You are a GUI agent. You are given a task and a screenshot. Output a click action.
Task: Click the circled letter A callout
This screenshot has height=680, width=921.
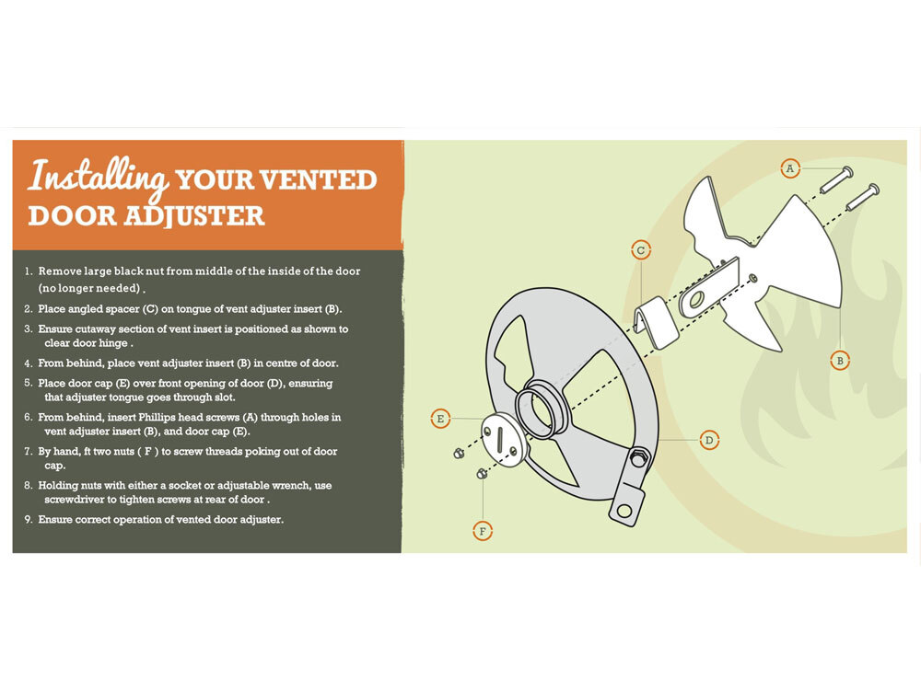point(790,169)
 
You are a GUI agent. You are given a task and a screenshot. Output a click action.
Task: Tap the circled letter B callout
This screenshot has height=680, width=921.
point(840,360)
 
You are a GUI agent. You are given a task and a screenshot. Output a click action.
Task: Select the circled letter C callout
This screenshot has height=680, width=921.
point(641,250)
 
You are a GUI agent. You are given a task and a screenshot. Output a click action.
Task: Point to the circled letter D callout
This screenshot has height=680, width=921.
point(709,440)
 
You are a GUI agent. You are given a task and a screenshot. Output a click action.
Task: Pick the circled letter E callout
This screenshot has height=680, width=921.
point(440,419)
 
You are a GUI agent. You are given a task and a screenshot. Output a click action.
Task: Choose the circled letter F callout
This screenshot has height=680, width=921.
point(483,532)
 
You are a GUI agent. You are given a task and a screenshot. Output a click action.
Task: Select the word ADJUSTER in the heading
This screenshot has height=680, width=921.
point(193,216)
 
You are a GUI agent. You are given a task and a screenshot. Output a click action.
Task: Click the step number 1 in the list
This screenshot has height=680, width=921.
point(28,271)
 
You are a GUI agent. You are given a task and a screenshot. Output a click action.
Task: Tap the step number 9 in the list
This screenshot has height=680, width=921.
point(28,520)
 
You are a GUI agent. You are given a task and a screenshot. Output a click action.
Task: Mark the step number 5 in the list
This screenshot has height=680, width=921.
point(28,383)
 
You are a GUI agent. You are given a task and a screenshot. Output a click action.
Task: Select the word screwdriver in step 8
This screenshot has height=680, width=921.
point(74,500)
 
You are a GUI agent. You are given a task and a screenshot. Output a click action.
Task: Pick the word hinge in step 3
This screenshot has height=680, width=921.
point(113,344)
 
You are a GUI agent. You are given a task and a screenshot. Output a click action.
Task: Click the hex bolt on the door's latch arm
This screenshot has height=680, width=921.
point(638,457)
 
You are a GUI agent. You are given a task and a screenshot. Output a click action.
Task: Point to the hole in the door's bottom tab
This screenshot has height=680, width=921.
point(625,511)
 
